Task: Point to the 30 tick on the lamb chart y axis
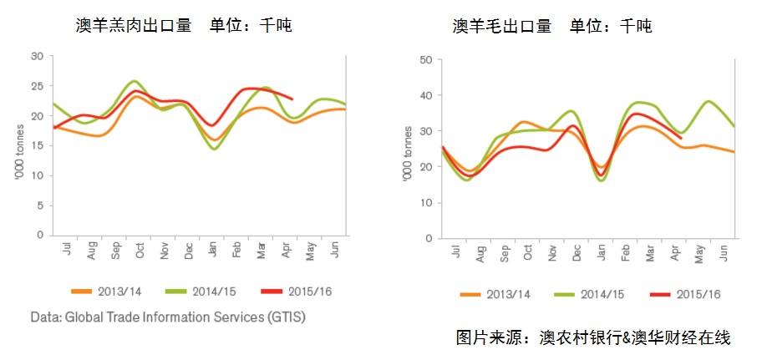[x=37, y=56]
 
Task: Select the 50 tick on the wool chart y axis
[x=425, y=59]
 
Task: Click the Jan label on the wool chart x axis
[x=600, y=254]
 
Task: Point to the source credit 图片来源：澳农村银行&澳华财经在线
[x=593, y=338]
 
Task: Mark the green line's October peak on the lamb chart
[x=135, y=81]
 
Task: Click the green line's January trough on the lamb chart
[x=215, y=149]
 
